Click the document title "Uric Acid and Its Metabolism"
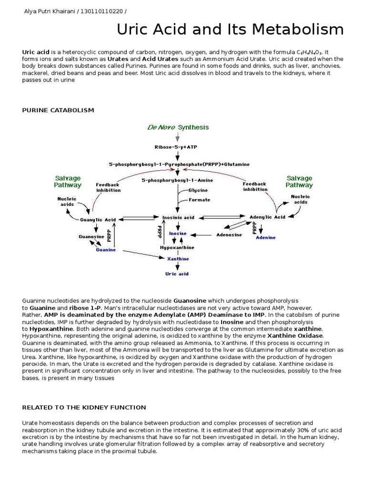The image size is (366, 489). coord(231,30)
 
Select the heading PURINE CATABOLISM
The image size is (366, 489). coord(58,110)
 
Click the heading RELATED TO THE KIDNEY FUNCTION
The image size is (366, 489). coord(84,407)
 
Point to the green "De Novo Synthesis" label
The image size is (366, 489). coord(178,128)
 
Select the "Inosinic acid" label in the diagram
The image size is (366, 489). coord(179,217)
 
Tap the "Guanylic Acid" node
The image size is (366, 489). coord(98,220)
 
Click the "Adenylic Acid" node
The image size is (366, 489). coord(267,217)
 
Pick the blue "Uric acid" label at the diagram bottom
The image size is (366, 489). coord(177,274)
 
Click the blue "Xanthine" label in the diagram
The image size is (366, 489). coord(177,258)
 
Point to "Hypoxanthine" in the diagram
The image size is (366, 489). coord(177,248)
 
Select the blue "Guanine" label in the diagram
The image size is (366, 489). coord(105,249)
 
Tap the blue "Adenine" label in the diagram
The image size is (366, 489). coord(265,237)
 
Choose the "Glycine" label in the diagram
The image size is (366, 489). coord(198,190)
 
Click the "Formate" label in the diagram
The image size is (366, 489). coord(199,200)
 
